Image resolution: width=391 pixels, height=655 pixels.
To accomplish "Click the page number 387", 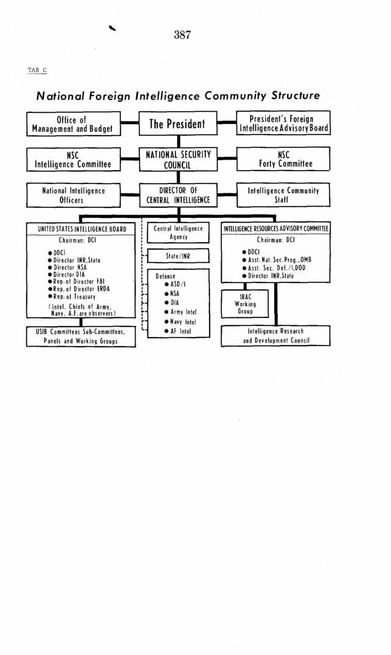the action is [182, 35].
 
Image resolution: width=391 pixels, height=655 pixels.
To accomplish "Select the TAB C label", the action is [37, 70].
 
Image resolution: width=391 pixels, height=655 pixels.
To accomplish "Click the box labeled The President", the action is [178, 123].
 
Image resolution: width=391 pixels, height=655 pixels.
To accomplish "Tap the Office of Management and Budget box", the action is [73, 124].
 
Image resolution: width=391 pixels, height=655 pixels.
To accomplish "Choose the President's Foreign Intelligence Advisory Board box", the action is [283, 123].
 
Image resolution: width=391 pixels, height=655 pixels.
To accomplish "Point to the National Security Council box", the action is [178, 159].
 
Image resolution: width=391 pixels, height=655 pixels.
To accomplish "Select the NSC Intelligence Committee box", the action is [73, 159].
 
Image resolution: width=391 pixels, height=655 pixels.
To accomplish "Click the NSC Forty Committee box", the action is [283, 159].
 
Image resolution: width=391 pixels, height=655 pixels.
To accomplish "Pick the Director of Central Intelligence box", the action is [178, 195].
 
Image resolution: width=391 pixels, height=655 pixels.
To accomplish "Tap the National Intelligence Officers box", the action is [73, 195].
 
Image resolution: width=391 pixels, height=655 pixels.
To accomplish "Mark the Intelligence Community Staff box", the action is [283, 194].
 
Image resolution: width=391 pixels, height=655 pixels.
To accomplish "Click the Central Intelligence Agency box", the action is [178, 232].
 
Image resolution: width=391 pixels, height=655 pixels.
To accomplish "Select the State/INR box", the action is [178, 256].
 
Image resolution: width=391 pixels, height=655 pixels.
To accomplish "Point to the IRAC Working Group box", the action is [245, 304].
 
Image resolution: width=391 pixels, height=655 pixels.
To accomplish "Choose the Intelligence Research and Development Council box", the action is [276, 336].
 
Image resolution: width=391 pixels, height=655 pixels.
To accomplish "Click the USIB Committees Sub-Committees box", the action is [81, 336].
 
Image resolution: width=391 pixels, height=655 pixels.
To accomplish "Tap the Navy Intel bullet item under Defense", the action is [180, 322].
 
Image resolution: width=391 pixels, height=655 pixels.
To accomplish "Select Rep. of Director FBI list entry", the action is [76, 281].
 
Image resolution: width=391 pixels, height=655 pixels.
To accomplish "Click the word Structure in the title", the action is [296, 95].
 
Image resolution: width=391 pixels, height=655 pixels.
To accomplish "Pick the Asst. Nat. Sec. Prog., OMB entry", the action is [277, 259].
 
